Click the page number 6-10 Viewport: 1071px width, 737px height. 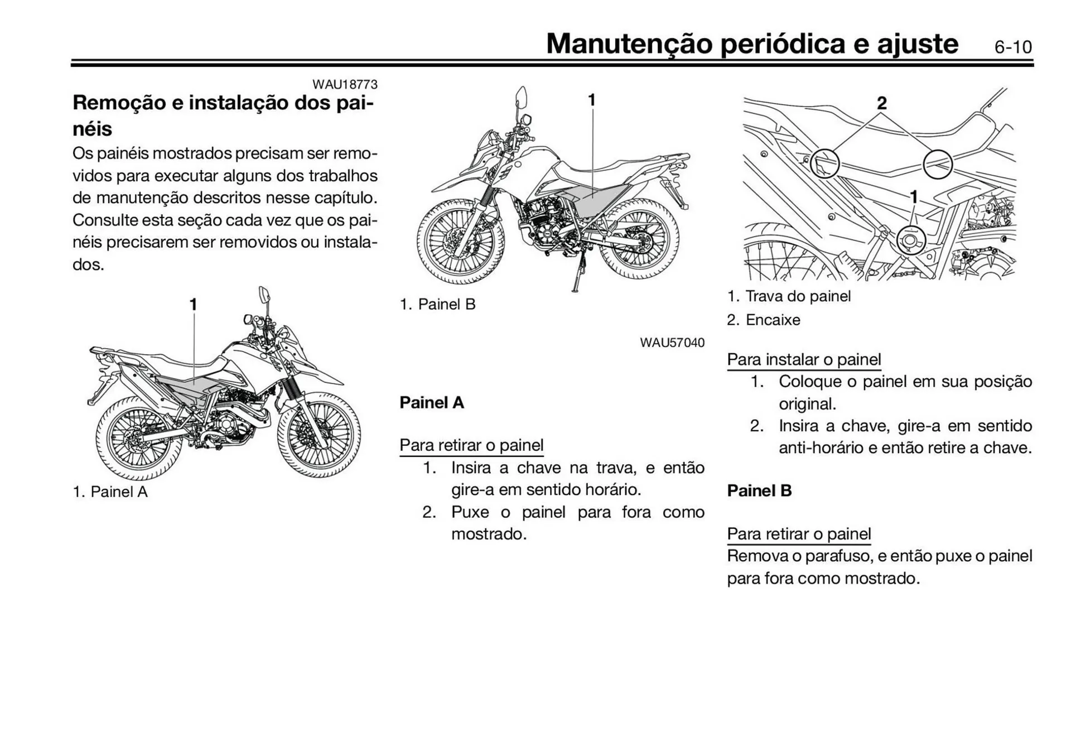point(1012,47)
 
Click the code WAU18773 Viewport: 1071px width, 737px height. point(345,84)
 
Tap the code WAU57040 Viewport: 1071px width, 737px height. point(672,343)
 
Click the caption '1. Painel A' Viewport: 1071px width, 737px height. point(110,492)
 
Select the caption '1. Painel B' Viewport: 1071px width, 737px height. point(437,304)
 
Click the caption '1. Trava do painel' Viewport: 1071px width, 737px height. point(789,296)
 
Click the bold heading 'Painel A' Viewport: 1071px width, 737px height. point(431,402)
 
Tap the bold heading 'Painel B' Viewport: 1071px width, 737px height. point(759,490)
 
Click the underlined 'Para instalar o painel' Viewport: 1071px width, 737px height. point(804,359)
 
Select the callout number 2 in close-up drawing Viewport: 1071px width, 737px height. point(881,103)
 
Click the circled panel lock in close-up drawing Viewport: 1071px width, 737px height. point(911,240)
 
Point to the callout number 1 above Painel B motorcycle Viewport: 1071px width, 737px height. point(592,100)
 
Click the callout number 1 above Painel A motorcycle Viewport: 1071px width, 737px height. point(193,305)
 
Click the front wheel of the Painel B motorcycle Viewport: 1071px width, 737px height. point(460,242)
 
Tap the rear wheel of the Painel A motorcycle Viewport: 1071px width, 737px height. point(139,439)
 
